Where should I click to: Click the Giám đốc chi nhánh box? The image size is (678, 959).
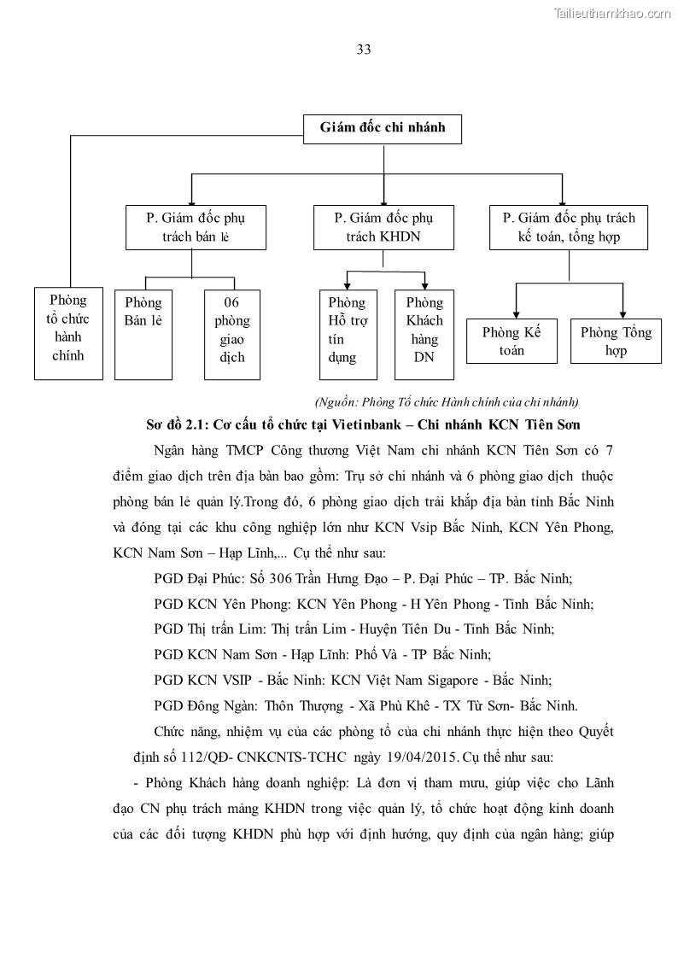(x=383, y=129)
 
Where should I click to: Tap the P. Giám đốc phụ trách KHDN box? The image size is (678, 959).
(x=383, y=226)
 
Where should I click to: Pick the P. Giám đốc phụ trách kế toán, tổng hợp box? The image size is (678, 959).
(x=568, y=226)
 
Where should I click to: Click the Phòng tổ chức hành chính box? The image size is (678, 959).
(x=67, y=333)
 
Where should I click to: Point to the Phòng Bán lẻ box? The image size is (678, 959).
(x=143, y=335)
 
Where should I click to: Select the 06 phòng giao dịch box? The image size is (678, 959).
(x=232, y=335)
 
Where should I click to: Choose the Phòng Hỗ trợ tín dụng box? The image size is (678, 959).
(x=348, y=335)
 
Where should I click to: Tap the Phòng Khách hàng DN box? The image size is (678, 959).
(x=424, y=335)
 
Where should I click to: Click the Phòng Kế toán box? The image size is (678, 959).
(x=512, y=341)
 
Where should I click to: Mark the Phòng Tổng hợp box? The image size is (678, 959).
(x=616, y=341)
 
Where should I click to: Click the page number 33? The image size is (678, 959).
(x=364, y=49)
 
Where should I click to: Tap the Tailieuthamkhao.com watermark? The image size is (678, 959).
(x=612, y=13)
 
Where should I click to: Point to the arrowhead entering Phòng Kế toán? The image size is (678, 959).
(x=516, y=313)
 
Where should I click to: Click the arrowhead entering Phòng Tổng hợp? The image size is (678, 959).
(x=622, y=313)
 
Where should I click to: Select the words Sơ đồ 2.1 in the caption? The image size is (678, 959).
(x=175, y=424)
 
